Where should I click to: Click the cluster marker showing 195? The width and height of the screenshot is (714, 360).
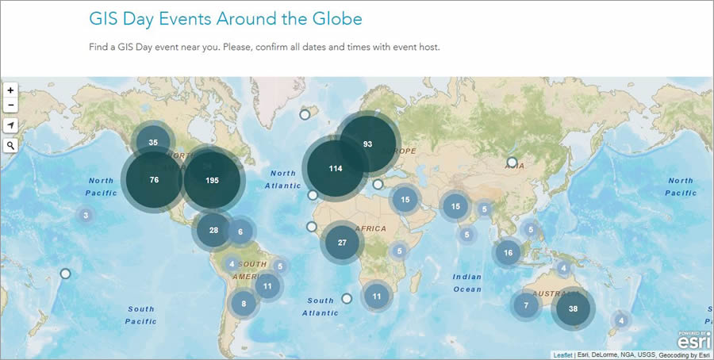pos(212,180)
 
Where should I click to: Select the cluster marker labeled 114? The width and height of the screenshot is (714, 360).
pos(336,169)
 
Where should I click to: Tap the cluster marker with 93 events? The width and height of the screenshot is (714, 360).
pos(367,144)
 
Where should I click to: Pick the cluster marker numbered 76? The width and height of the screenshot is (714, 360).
pos(154,180)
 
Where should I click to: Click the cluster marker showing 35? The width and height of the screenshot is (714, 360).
pos(153,143)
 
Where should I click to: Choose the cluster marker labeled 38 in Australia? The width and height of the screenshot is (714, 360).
pos(573,309)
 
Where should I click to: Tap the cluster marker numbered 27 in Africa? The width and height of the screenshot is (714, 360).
pos(342,243)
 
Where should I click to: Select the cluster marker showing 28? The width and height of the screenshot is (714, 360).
pos(213,230)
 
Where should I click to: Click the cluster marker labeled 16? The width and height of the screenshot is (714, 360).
pos(508,253)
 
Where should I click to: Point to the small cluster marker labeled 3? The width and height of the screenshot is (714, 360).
pos(86,215)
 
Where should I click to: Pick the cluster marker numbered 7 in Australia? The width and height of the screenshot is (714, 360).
pos(526,305)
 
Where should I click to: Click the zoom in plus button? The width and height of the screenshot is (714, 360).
pos(10,90)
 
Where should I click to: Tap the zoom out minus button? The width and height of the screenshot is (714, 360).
pos(10,105)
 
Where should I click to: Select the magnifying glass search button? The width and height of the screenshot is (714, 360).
pos(10,146)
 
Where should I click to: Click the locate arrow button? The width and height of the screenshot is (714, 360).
pos(10,125)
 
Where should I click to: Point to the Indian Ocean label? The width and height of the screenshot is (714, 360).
pos(467,283)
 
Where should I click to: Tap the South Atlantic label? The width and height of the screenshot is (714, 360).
pos(321,307)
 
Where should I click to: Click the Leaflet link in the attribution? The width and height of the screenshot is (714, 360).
pos(562,354)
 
